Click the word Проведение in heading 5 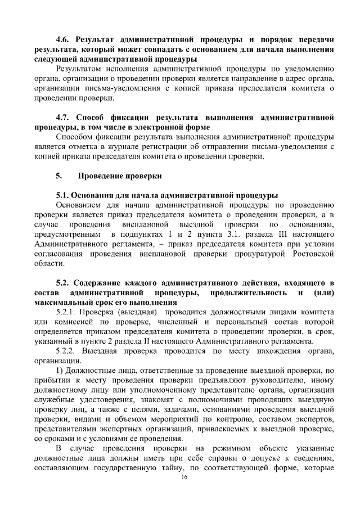point(101,176)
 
